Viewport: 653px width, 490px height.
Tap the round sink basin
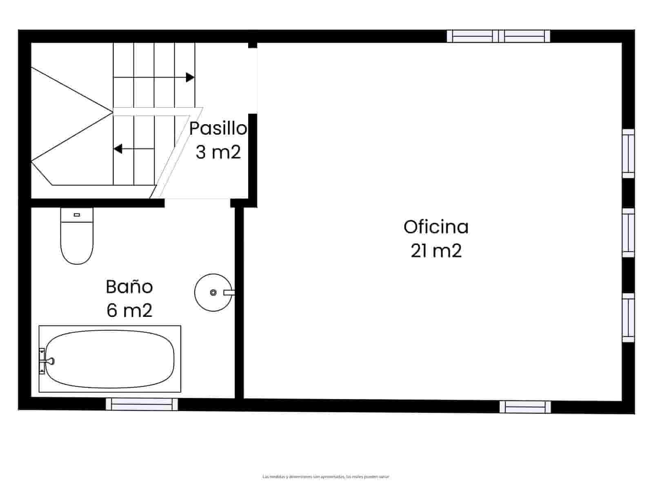click(x=213, y=292)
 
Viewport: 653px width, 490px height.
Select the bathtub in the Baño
click(x=110, y=359)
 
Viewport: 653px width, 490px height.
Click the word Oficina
click(x=436, y=227)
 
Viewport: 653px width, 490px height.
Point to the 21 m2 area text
click(x=436, y=251)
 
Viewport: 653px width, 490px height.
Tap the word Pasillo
click(x=218, y=129)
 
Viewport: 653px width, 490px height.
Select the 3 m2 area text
click(x=218, y=152)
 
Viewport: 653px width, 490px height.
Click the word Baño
click(x=129, y=287)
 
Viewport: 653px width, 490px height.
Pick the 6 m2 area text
click(x=129, y=310)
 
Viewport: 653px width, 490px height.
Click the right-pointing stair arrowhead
click(x=190, y=77)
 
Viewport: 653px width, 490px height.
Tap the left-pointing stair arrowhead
click(x=118, y=149)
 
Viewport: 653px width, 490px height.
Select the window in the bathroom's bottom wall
click(x=142, y=404)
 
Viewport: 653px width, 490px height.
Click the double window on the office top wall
click(x=498, y=36)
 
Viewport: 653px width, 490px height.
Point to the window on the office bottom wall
click(x=525, y=407)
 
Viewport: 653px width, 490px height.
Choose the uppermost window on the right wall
click(x=628, y=154)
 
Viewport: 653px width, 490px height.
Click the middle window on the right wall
click(x=628, y=233)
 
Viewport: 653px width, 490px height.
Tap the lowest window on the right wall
click(x=628, y=317)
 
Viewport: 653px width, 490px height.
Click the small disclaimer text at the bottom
click(x=326, y=477)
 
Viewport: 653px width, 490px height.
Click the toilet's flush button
click(x=76, y=214)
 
